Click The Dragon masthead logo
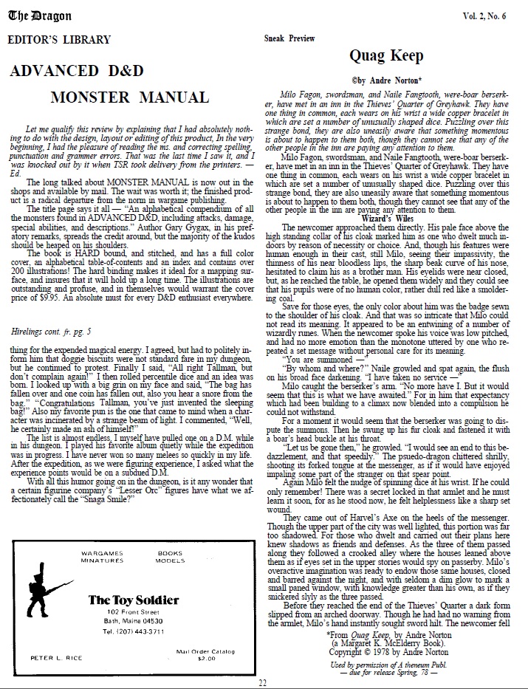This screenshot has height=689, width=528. (x=30, y=13)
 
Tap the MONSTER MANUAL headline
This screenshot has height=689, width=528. (x=130, y=97)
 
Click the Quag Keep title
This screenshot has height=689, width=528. (x=386, y=56)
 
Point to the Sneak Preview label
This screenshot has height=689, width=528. (x=289, y=38)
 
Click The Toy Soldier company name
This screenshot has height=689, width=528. (x=133, y=600)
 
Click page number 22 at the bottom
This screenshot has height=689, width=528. (x=262, y=682)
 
